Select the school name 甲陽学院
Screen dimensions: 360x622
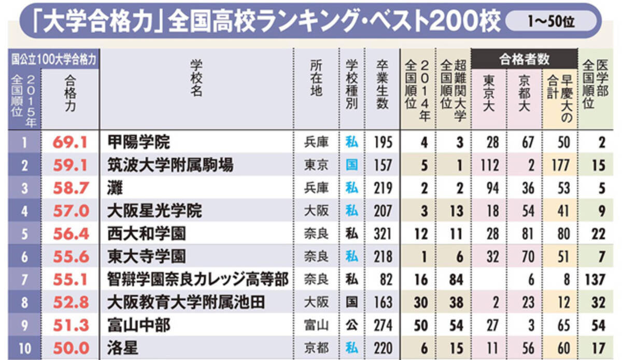point(138,142)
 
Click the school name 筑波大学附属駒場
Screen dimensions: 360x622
point(171,165)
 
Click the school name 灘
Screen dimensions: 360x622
point(115,188)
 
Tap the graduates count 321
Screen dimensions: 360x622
point(383,233)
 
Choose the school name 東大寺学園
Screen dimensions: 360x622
point(146,256)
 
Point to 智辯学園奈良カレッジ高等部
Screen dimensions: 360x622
point(197,280)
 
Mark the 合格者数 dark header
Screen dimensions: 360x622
point(524,60)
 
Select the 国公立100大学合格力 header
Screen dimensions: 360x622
point(54,59)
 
